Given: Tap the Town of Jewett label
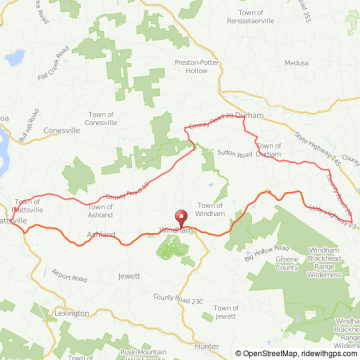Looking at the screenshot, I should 230,311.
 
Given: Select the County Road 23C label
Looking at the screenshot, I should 178,297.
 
